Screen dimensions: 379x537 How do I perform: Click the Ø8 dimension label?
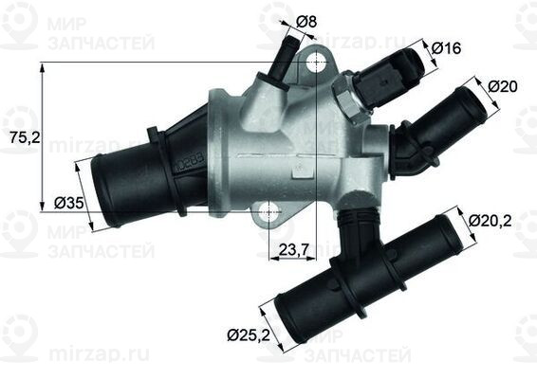[x=306, y=20]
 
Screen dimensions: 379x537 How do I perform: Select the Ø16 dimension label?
[x=447, y=47]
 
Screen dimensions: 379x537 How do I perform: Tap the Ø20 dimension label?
[x=503, y=86]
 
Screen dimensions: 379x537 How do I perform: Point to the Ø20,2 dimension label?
[x=492, y=224]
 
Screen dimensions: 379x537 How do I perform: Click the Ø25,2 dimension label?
[x=249, y=333]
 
